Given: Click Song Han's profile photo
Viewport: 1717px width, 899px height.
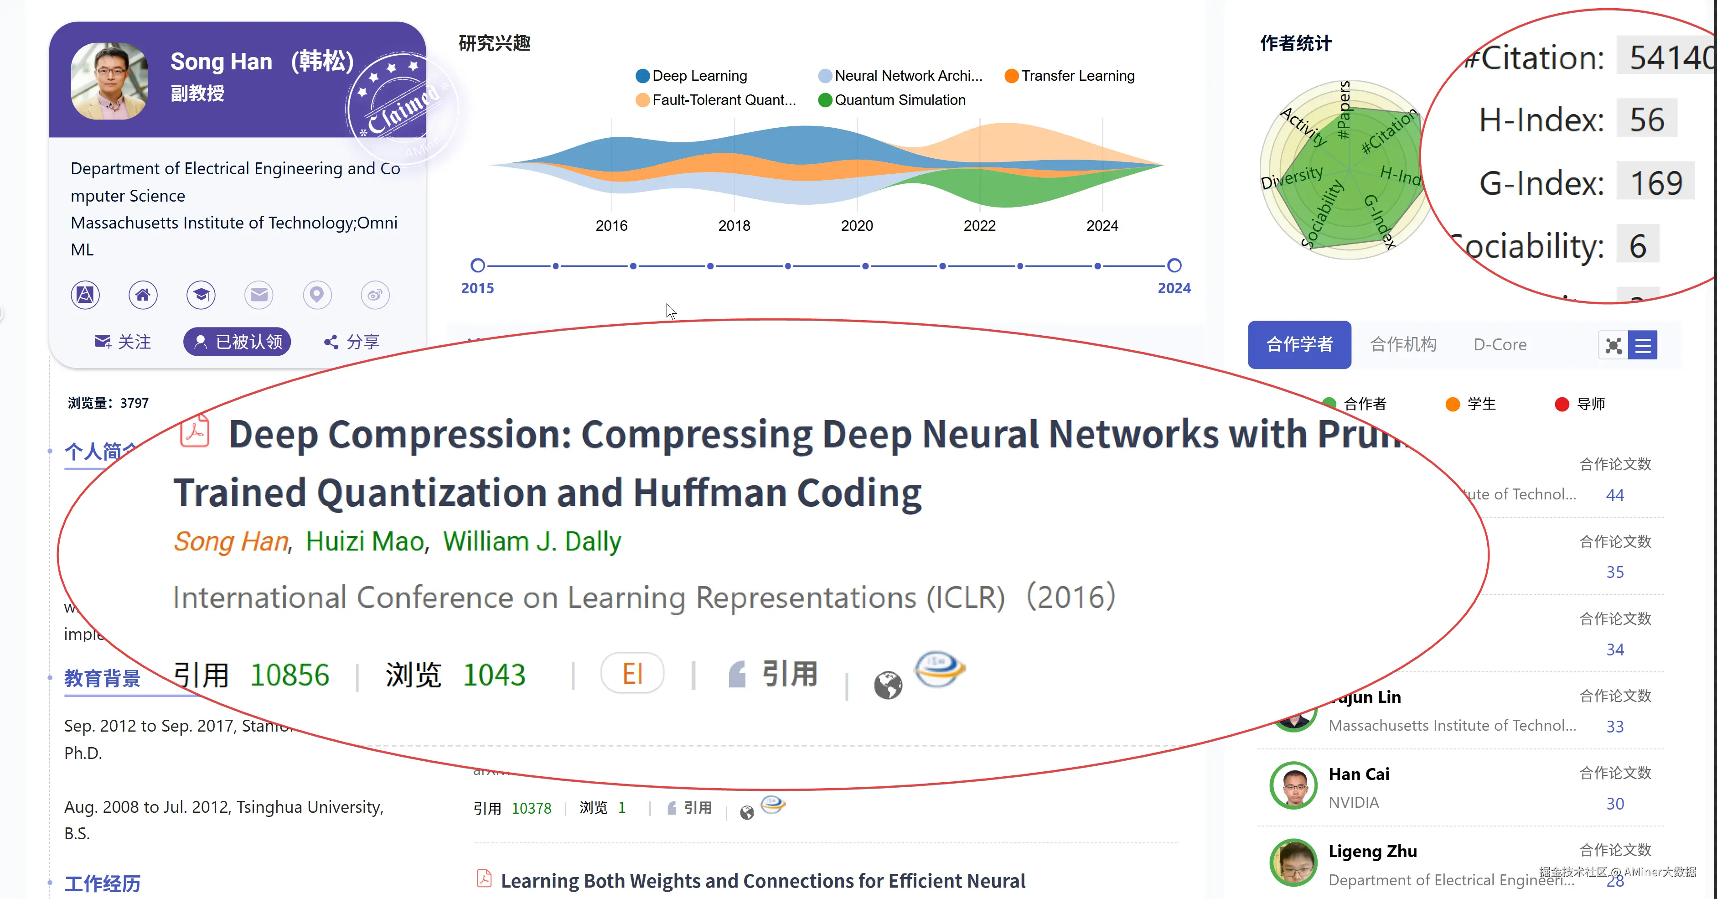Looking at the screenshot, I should click(x=109, y=81).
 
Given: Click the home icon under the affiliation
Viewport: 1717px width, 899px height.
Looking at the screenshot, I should click(x=143, y=295).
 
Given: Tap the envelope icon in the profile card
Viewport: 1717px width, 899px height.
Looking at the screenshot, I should click(x=259, y=295).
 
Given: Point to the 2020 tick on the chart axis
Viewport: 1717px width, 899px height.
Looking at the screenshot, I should click(x=857, y=225).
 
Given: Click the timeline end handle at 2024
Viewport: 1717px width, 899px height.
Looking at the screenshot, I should click(x=1174, y=265).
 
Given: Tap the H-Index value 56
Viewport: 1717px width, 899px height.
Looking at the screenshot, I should click(x=1647, y=120).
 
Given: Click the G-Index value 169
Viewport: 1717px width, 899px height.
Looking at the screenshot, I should click(x=1656, y=183).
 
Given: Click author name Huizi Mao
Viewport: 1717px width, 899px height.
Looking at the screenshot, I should click(x=365, y=541).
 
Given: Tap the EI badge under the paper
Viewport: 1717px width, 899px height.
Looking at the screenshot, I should click(x=632, y=674).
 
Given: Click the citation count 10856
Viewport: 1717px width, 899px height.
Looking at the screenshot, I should click(x=289, y=675).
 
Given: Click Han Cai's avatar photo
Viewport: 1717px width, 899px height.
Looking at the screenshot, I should click(x=1293, y=785).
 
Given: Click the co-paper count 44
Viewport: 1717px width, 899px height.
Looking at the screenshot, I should click(x=1614, y=495).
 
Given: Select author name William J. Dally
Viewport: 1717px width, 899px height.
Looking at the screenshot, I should click(x=532, y=541).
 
